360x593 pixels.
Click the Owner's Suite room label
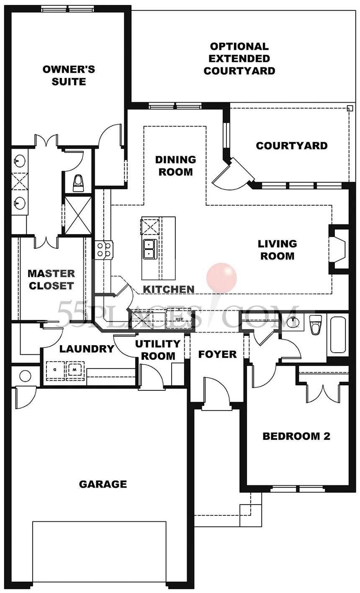[69, 75]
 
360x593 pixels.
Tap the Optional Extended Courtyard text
[239, 59]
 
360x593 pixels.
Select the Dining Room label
[175, 165]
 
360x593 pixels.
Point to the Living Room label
[277, 250]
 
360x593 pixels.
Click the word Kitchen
[169, 289]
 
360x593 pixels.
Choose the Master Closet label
[51, 280]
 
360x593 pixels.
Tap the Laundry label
[87, 348]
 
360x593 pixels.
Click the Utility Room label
[158, 350]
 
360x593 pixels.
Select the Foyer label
[217, 354]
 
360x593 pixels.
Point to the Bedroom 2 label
[296, 436]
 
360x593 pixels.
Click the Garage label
[103, 484]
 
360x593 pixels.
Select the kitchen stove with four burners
[103, 250]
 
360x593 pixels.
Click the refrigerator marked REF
[179, 319]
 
